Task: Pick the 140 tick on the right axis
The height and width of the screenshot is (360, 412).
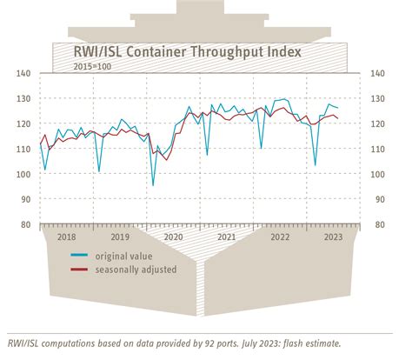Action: tap(376, 73)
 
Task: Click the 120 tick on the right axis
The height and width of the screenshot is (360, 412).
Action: tap(376, 123)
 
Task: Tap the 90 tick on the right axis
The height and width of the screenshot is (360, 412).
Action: tap(376, 199)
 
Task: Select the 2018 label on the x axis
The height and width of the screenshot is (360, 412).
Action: tap(67, 237)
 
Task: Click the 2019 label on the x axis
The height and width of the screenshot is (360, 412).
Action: tap(120, 237)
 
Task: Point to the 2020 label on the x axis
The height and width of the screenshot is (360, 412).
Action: tap(173, 237)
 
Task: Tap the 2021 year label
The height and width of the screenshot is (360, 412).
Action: tap(226, 237)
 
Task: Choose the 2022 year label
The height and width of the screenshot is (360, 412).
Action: tap(279, 237)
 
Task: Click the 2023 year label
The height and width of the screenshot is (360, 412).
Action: tap(332, 237)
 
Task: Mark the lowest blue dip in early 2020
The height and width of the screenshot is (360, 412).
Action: tap(153, 185)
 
